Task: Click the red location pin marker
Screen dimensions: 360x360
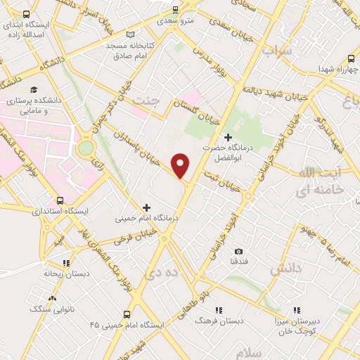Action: coord(181,166)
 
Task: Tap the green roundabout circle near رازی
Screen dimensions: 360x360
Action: coord(86,148)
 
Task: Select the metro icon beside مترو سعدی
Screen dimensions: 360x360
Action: coord(176,9)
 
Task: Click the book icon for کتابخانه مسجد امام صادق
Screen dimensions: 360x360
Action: coord(129,34)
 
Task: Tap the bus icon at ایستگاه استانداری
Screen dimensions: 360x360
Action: coord(60,200)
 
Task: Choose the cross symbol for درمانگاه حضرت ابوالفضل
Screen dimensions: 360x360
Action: coord(227,137)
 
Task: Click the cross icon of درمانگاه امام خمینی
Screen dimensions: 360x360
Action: coord(146,207)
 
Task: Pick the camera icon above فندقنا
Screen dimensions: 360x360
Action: coord(239,252)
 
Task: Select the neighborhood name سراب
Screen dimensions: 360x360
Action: coord(276,51)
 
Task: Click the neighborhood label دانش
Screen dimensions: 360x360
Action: coord(280,269)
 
